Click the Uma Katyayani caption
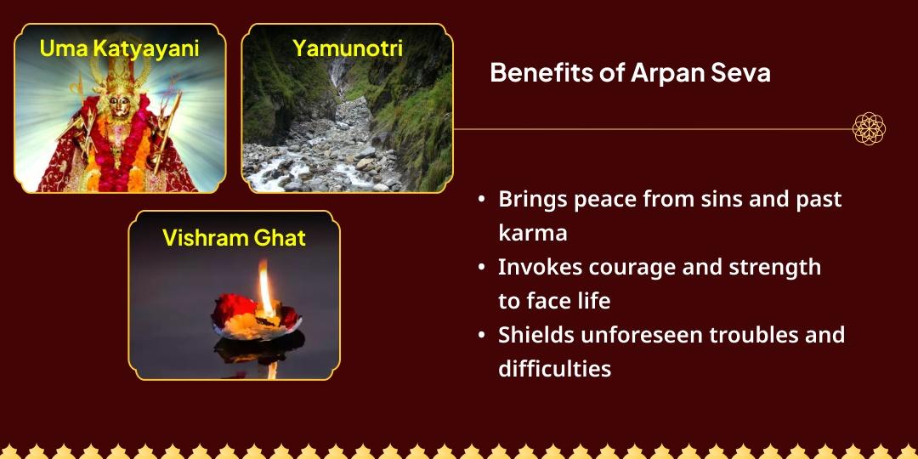click(x=119, y=48)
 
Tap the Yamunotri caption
click(x=347, y=48)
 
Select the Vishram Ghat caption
click(x=234, y=237)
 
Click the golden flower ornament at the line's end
click(x=869, y=129)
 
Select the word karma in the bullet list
click(x=532, y=233)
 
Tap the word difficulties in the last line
click(x=554, y=369)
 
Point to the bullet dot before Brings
click(x=482, y=199)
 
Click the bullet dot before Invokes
click(x=482, y=267)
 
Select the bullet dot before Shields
click(x=482, y=335)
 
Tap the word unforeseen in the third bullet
click(x=636, y=335)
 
